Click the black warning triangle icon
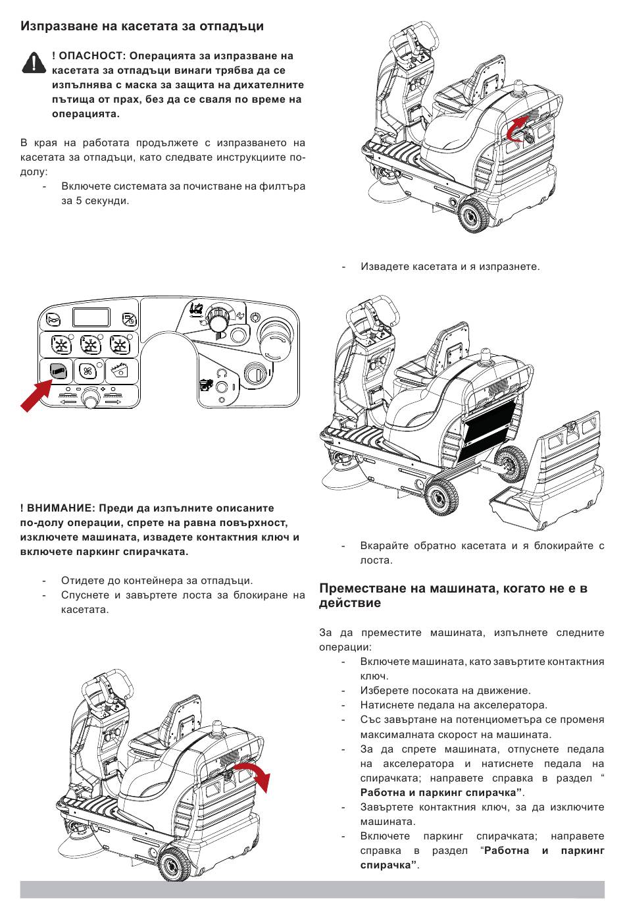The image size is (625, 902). (34, 63)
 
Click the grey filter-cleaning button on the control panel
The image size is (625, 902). (57, 371)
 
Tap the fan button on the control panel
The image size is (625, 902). (88, 371)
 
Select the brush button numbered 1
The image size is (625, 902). (61, 345)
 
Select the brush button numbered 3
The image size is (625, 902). (120, 345)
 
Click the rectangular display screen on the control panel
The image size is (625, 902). (91, 317)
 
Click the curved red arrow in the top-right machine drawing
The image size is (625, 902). (517, 128)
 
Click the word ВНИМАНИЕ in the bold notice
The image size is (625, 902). (60, 508)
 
